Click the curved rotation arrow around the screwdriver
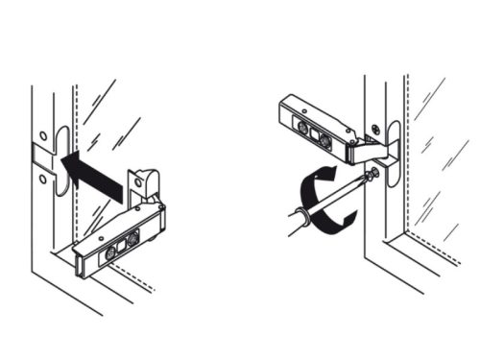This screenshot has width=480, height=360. (x=326, y=197)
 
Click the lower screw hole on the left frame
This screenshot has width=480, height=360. (x=44, y=178)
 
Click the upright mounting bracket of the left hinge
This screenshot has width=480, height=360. (x=144, y=188)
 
